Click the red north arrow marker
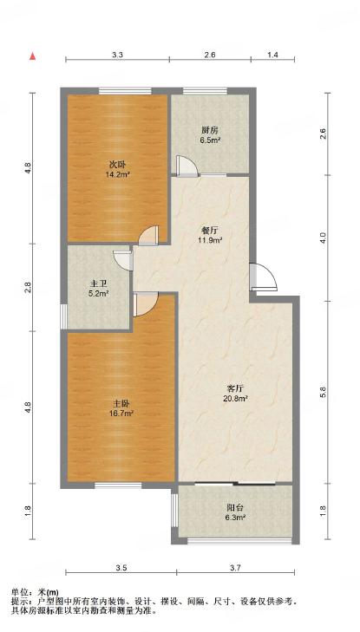point(32,56)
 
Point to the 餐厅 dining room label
point(210,231)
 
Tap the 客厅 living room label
point(234,389)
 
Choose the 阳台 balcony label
point(234,508)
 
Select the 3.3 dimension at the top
point(117,55)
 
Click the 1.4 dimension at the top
point(273,55)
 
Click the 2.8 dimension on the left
point(28,287)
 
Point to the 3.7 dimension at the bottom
point(235,569)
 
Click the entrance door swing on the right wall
point(264,277)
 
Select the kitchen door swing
point(187,166)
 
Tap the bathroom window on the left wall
point(63,316)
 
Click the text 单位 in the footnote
point(19,592)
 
